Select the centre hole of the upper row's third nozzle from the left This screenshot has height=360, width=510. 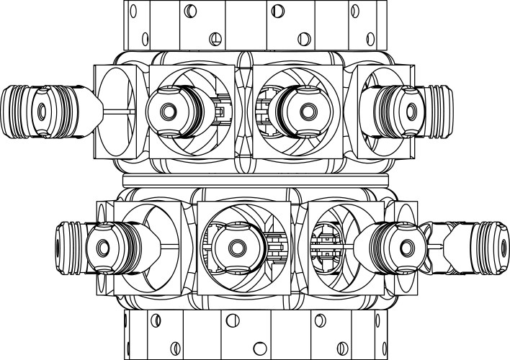click(x=308, y=111)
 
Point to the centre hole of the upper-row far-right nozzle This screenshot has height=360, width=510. click(x=411, y=111)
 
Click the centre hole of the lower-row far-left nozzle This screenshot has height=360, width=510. click(x=101, y=248)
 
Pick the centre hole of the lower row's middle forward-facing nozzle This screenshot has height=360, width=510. click(x=236, y=248)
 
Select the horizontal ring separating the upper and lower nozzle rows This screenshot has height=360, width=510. click(x=256, y=176)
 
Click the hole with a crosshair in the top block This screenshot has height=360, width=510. click(x=214, y=37)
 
